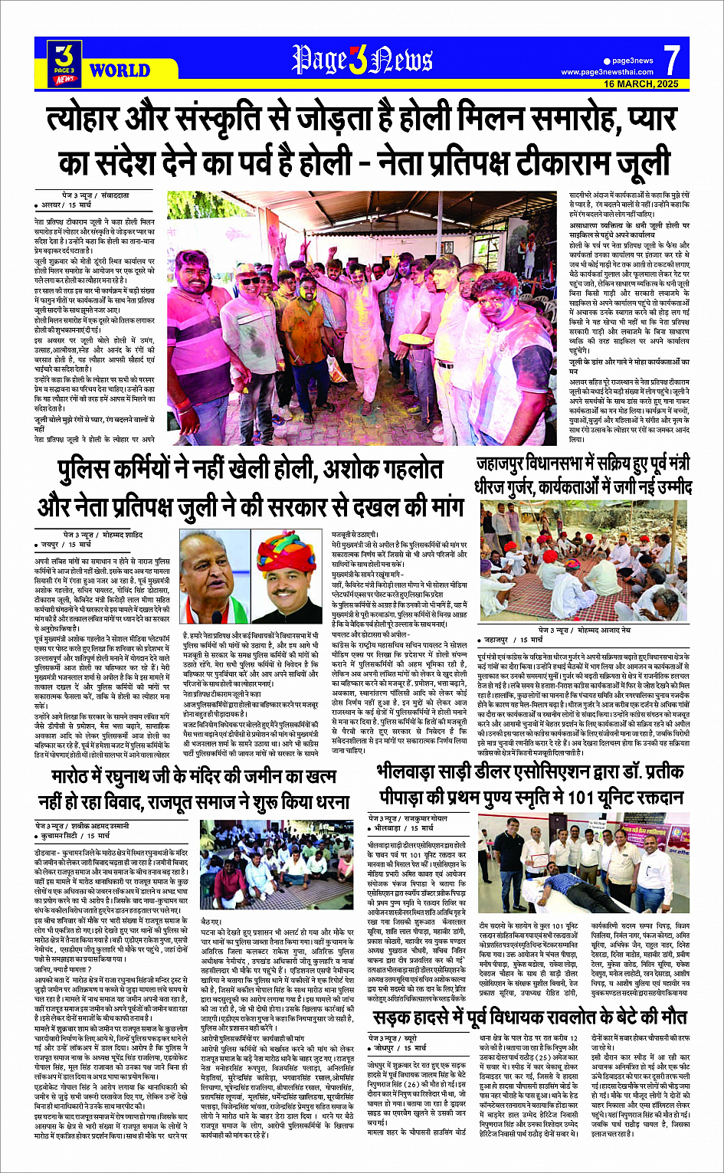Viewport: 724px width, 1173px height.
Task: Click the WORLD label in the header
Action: tap(120, 70)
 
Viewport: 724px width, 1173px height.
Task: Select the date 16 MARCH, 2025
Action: tap(641, 84)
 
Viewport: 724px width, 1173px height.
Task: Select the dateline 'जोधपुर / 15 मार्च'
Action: tap(400, 1047)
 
